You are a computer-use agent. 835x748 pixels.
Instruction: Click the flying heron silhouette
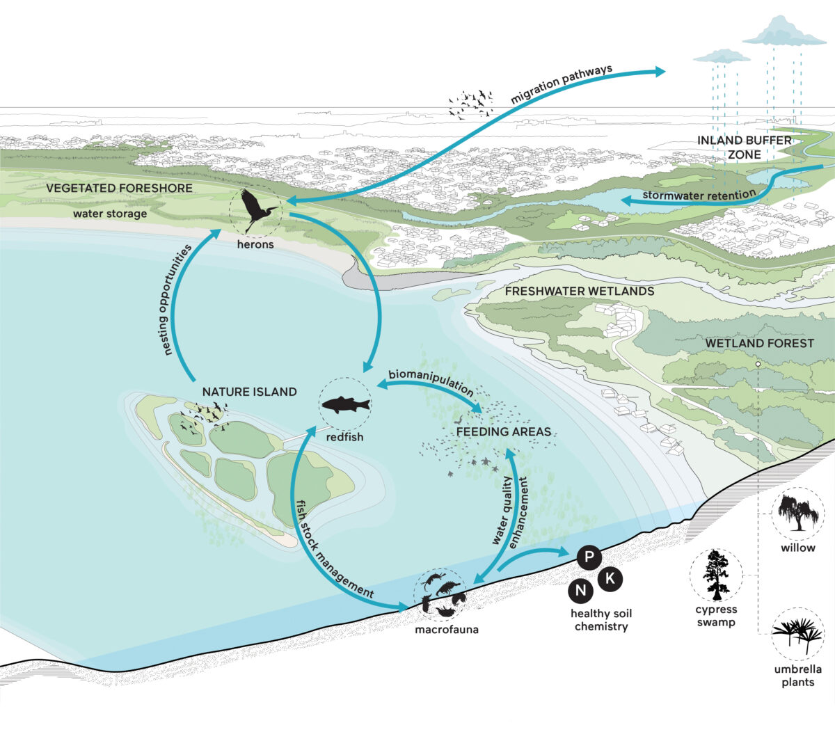click(256, 209)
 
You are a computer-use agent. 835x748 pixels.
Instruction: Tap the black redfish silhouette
click(346, 404)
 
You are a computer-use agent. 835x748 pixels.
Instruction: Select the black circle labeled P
click(589, 557)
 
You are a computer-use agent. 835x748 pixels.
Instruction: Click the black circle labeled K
click(610, 579)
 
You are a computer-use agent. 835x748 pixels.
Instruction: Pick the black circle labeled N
click(580, 591)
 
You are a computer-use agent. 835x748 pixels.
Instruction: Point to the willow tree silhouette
click(798, 512)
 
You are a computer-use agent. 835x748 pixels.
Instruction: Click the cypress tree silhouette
click(716, 575)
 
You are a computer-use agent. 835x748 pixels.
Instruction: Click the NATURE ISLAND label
click(249, 392)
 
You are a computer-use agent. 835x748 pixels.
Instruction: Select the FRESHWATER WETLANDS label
click(580, 292)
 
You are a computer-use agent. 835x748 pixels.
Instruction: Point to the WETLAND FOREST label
click(759, 343)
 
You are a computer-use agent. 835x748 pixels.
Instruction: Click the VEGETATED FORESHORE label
click(119, 189)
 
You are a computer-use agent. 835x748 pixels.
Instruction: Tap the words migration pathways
click(562, 84)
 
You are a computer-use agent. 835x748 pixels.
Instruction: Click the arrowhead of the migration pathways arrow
click(660, 72)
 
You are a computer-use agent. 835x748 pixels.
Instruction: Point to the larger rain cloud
click(784, 31)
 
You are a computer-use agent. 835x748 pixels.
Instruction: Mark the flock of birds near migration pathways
click(470, 105)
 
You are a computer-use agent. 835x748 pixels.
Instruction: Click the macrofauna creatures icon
click(440, 594)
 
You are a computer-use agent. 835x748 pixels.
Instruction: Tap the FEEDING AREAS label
click(504, 432)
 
